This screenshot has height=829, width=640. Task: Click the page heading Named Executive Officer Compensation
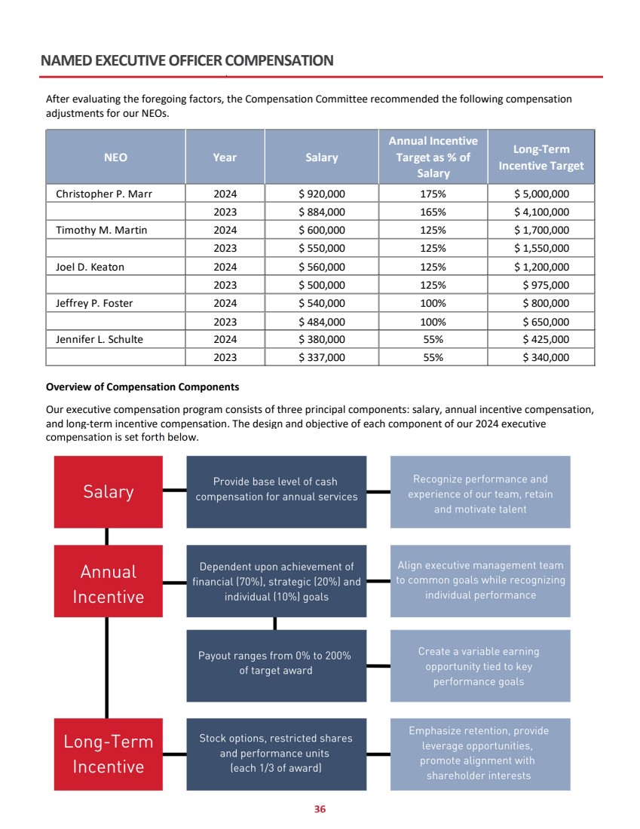coord(187,61)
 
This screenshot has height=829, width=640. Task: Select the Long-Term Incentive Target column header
coord(541,158)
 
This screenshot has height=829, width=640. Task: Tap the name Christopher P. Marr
coord(104,194)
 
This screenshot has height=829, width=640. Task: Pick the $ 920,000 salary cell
coord(322,194)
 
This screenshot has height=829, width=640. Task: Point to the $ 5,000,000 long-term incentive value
coord(541,194)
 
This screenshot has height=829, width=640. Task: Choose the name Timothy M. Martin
coord(101,230)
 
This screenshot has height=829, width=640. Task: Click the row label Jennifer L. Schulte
coord(100,339)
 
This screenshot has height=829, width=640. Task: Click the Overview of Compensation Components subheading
coord(142,387)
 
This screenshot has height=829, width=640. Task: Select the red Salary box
coord(109,491)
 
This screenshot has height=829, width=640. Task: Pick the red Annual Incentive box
coord(109,584)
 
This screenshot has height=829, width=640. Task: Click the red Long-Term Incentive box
coord(109,754)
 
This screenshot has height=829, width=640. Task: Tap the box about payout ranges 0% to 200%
coord(276,663)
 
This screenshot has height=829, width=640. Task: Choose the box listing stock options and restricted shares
coord(276,753)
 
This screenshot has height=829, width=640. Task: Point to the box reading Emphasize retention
coord(479,753)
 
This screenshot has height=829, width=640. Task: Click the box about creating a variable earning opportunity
coord(479,666)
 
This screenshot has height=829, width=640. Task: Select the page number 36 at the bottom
coord(320,809)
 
